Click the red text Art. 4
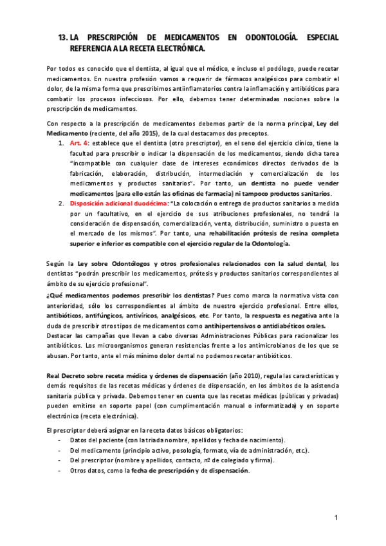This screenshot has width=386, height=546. click(79, 142)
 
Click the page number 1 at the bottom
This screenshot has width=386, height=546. click(336, 518)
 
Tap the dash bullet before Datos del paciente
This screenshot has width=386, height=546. click(60, 440)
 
